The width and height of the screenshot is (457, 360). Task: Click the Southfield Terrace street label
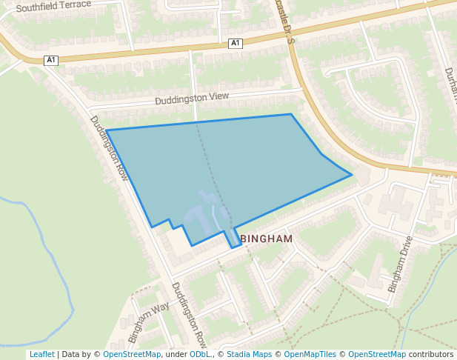53,6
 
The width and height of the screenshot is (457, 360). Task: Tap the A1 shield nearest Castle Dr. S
236,43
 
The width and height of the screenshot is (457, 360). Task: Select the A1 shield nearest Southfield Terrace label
50,60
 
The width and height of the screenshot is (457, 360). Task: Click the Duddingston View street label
192,99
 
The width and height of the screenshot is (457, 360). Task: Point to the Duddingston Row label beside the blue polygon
109,148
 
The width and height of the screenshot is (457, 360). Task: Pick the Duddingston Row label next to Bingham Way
189,315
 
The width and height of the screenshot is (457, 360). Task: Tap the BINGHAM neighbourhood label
266,239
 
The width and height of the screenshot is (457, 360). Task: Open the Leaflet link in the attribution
42,354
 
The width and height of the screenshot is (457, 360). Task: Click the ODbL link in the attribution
199,354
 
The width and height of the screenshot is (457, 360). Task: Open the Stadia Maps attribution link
249,354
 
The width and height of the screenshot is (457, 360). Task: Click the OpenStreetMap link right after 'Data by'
132,354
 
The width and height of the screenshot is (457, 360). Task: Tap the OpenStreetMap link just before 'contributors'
377,354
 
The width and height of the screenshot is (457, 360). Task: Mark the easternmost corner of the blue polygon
352,176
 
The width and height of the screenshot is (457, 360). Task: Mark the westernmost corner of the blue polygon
107,130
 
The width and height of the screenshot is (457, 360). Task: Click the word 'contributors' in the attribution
431,354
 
